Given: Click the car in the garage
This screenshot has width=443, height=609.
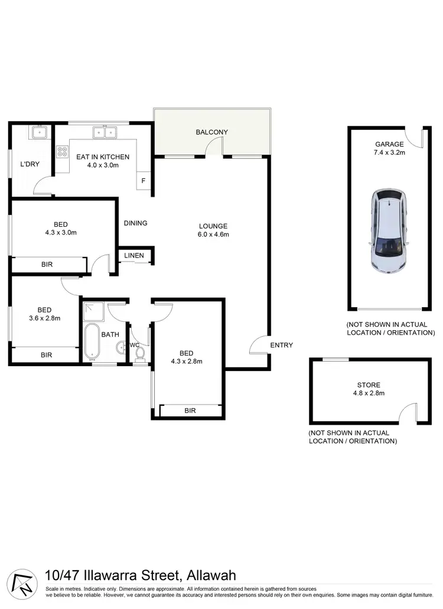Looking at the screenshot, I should click(388, 230).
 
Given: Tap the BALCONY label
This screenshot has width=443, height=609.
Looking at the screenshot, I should click(211, 132).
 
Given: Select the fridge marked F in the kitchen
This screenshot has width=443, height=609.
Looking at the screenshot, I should click(144, 181).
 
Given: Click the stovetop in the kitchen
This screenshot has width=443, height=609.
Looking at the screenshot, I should click(61, 152).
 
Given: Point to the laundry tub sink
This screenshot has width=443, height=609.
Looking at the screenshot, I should click(37, 132).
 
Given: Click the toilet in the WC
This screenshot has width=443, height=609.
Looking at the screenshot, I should click(141, 353).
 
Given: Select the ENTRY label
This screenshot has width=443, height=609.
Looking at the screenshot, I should click(281, 346).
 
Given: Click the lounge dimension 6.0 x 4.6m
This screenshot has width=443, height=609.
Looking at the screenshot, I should click(213, 235).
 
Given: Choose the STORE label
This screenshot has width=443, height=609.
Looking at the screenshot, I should click(369, 385).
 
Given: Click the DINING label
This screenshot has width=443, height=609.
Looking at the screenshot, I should click(135, 223).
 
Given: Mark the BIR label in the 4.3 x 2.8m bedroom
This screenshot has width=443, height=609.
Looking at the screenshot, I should click(190, 411).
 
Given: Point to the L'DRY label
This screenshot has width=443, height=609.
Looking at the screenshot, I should click(30, 164).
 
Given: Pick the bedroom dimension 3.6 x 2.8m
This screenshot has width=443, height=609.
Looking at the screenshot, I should click(44, 318).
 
